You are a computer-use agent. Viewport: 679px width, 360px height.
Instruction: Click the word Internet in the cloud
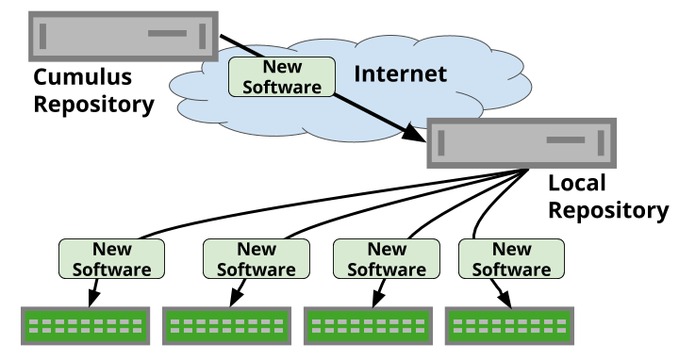click(x=400, y=74)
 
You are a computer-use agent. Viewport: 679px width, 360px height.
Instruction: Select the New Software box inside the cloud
click(x=282, y=76)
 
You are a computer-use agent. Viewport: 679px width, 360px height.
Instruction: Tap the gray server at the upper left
click(x=123, y=36)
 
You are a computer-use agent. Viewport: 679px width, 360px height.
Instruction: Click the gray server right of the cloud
click(x=522, y=142)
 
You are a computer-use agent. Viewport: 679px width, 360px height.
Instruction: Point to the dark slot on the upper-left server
click(x=167, y=34)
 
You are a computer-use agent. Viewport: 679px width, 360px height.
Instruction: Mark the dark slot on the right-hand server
click(x=566, y=139)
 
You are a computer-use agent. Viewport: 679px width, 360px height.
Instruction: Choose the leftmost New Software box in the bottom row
click(x=112, y=258)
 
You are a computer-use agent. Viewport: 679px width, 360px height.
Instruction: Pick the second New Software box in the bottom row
click(x=257, y=258)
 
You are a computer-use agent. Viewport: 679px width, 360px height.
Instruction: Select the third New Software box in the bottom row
click(x=387, y=258)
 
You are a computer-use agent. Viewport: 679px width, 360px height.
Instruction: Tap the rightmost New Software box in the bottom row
click(x=511, y=258)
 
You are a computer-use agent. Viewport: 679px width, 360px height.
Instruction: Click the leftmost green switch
click(x=86, y=326)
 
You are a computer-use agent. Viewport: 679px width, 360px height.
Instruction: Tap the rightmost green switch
click(x=509, y=326)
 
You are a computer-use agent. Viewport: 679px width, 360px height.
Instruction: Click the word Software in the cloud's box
click(x=282, y=86)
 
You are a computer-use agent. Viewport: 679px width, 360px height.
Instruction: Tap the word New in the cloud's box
click(x=282, y=67)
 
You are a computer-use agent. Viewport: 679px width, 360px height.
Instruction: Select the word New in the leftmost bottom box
click(x=112, y=250)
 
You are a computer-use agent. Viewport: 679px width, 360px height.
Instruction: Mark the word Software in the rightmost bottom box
click(x=511, y=269)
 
